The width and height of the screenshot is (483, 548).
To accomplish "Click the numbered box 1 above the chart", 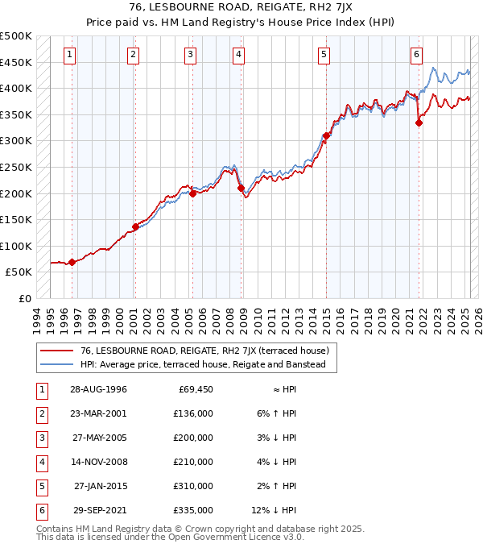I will tap(71, 55).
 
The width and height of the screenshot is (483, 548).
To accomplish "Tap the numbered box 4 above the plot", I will tap(239, 55).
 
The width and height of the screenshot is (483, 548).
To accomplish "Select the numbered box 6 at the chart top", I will tap(416, 55).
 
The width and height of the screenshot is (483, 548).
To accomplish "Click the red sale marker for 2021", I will tap(419, 122).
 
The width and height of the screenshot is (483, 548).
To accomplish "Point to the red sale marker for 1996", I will tap(72, 262).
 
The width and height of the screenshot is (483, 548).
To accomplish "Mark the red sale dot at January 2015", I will tap(326, 135).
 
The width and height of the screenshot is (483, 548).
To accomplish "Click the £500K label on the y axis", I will tap(16, 36).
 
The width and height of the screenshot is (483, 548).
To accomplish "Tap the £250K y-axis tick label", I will tap(16, 167).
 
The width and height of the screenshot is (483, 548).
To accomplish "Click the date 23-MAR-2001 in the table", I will tap(98, 413).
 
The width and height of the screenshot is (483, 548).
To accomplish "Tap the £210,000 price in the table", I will tap(195, 462).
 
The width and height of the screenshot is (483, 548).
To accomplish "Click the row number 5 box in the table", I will tap(40, 486).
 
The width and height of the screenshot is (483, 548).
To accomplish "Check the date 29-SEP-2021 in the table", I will tap(98, 510).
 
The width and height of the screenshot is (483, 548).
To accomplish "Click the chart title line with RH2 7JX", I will tap(242, 9).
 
